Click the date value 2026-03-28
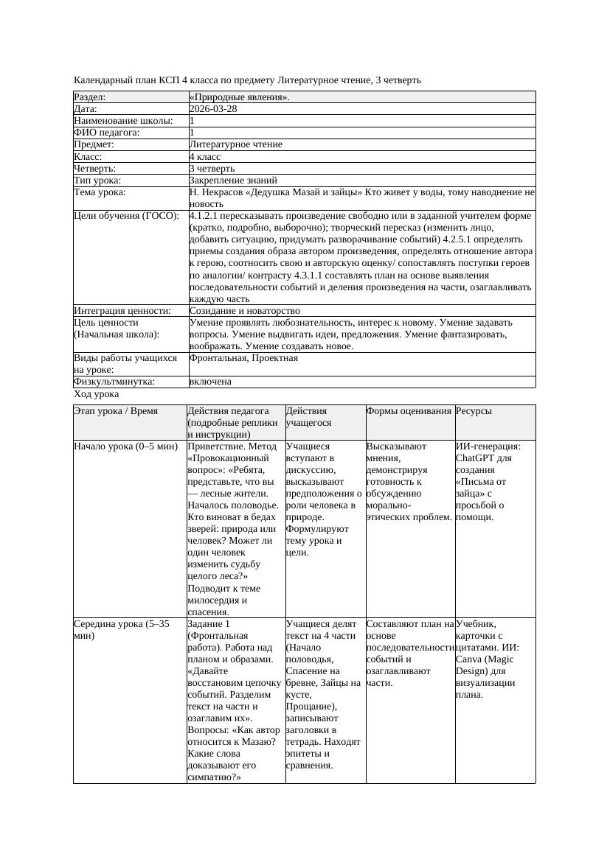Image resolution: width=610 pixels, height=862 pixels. (x=213, y=108)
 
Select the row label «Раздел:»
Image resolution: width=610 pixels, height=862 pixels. (x=90, y=97)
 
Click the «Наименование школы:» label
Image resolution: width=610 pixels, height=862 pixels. (x=123, y=120)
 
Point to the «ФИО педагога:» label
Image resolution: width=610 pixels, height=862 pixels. (x=107, y=133)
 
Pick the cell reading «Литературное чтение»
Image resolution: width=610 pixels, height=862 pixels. (x=235, y=144)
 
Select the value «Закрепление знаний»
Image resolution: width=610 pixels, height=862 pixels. (x=233, y=180)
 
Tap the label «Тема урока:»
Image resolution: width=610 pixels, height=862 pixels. (x=100, y=192)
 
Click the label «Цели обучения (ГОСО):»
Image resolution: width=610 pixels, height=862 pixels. (x=126, y=216)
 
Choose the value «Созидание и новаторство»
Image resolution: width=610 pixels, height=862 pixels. (x=244, y=311)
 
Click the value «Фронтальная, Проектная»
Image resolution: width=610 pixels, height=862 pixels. (x=243, y=358)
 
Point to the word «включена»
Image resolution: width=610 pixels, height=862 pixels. (x=210, y=382)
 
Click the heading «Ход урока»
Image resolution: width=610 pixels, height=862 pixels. (x=96, y=394)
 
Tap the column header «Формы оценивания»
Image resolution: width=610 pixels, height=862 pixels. (x=409, y=411)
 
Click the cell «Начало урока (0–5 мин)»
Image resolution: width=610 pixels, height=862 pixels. (x=125, y=446)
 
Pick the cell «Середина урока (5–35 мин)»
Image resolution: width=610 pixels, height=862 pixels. (x=122, y=629)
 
